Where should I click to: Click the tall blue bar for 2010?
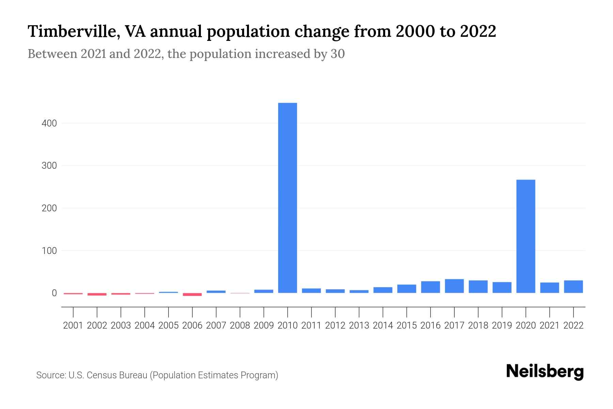click(287, 198)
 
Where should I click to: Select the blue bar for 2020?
click(525, 236)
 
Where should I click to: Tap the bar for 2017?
click(454, 286)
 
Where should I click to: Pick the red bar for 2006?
click(192, 294)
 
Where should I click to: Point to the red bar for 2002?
click(97, 294)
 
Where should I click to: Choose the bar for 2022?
click(573, 287)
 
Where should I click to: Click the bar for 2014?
click(383, 290)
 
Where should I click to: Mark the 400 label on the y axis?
click(49, 123)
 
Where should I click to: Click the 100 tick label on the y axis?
click(49, 251)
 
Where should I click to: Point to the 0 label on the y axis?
click(54, 293)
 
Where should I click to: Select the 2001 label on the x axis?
click(73, 325)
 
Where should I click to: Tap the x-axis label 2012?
click(335, 325)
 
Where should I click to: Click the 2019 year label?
click(502, 325)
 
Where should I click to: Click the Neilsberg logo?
click(545, 372)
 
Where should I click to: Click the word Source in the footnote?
click(51, 375)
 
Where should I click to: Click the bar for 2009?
click(264, 291)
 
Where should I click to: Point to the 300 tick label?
click(49, 166)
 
